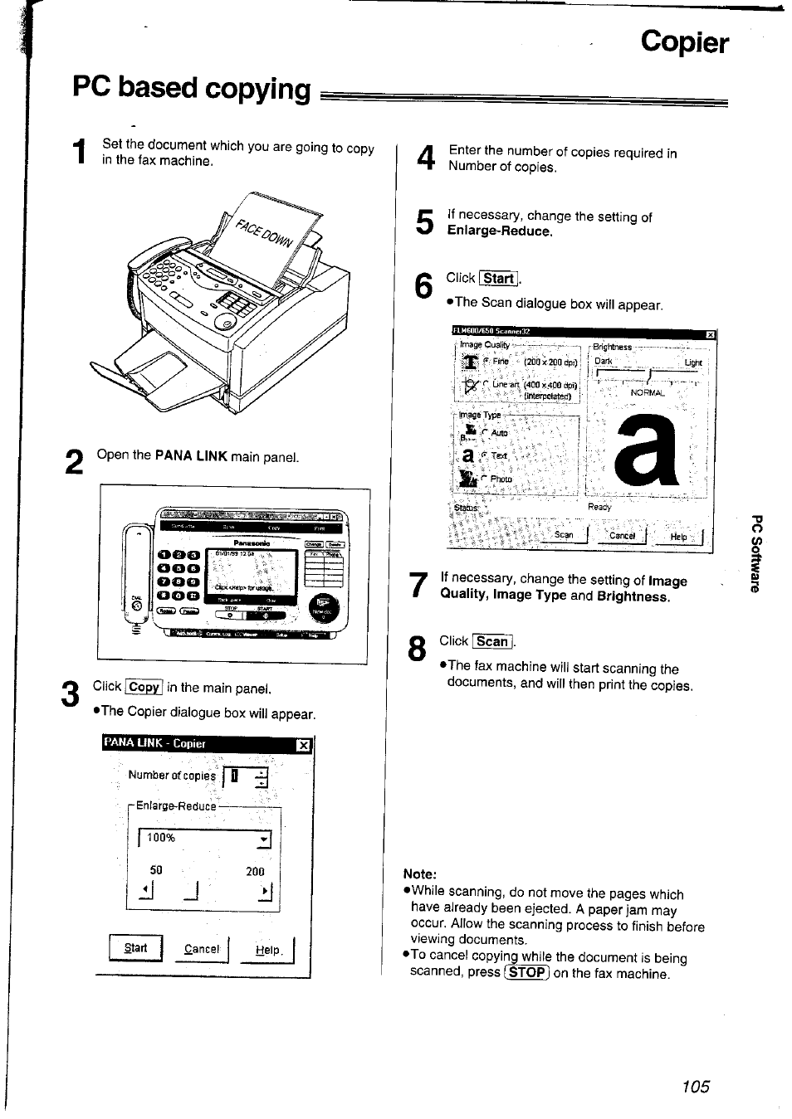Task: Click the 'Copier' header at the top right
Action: click(684, 43)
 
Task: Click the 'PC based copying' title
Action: click(192, 89)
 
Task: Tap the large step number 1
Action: click(80, 155)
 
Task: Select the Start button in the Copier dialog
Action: click(135, 947)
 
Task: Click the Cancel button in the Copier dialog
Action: click(202, 949)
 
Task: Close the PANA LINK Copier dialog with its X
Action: click(304, 745)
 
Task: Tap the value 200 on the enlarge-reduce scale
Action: click(255, 872)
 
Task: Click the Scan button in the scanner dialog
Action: click(564, 536)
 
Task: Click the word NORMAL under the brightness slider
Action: click(648, 393)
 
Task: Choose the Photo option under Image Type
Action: click(501, 479)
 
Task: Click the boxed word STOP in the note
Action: click(527, 972)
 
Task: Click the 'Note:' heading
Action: click(419, 873)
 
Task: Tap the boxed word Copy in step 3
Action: click(144, 687)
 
